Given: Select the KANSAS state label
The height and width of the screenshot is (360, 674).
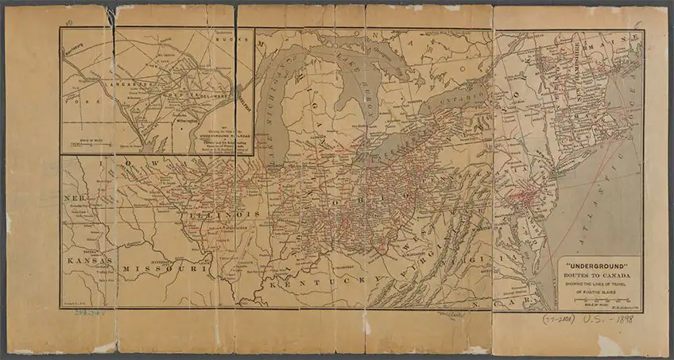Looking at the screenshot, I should (x=89, y=261).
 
